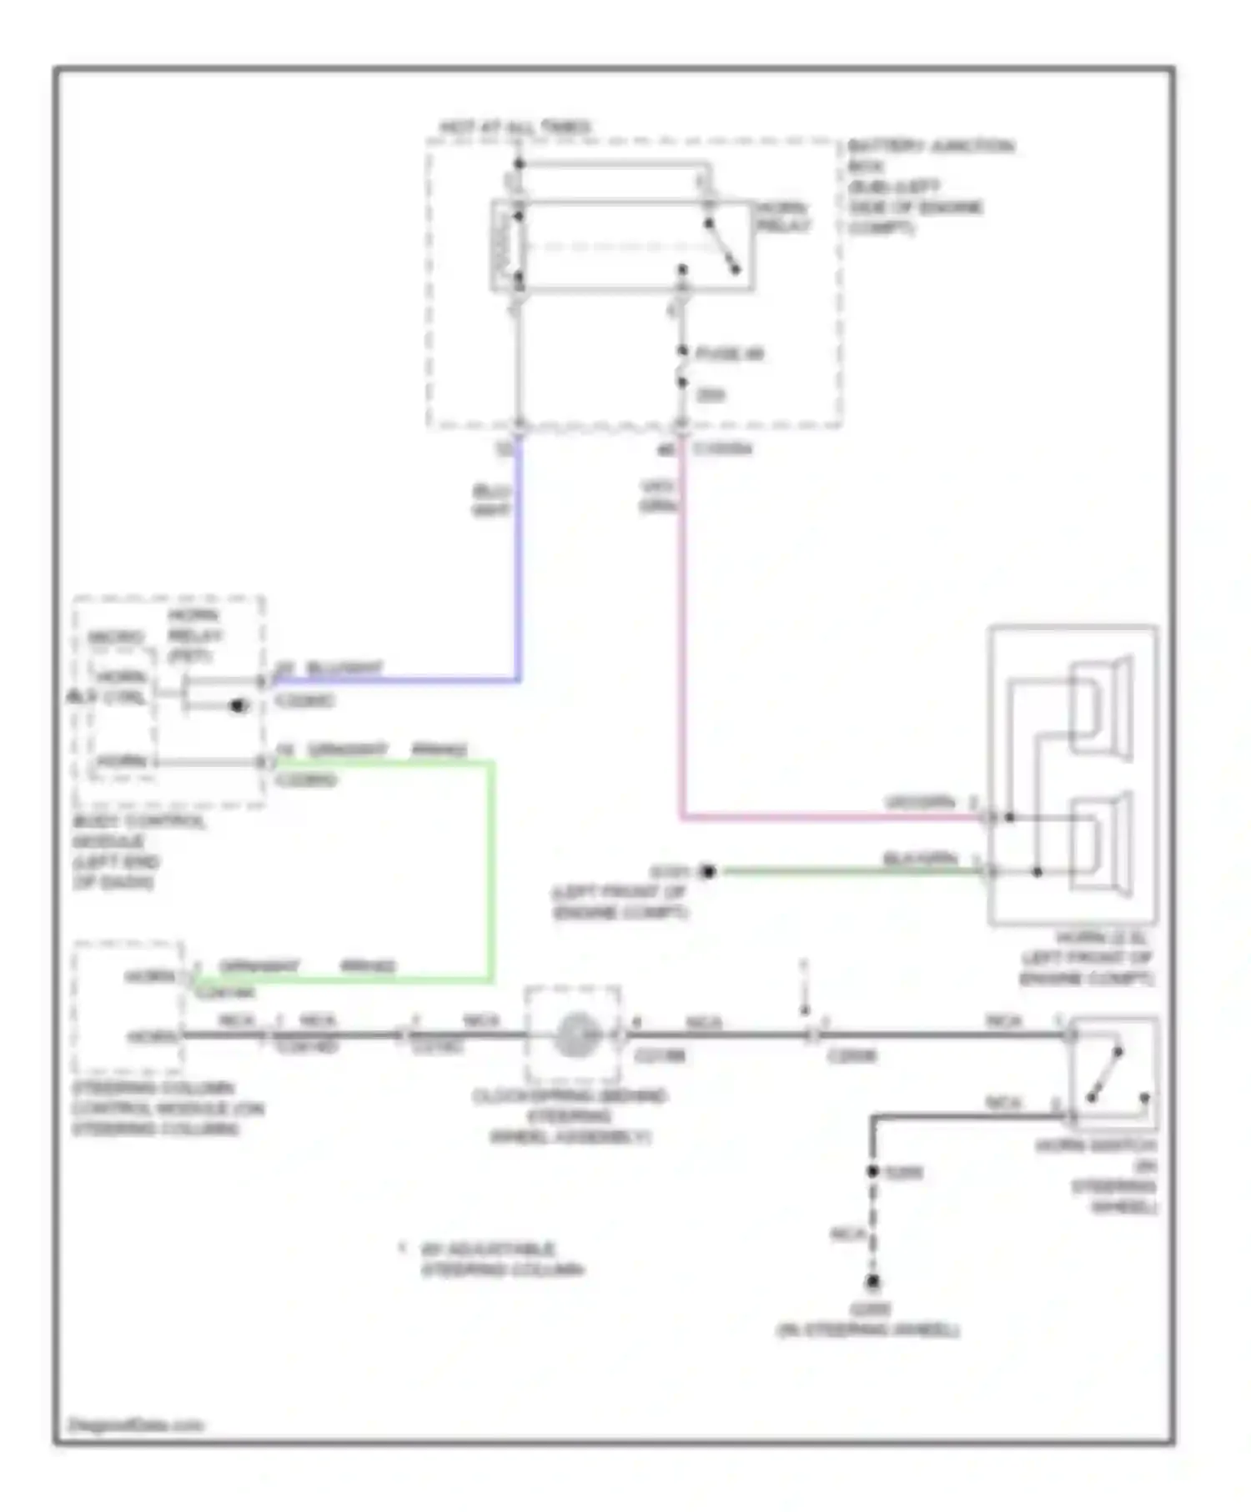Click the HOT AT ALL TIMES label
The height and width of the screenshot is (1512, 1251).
[515, 128]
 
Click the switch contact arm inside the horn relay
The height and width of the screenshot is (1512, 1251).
[722, 247]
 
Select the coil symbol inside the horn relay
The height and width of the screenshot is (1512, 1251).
[504, 247]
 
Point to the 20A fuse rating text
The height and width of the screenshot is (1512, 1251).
[710, 394]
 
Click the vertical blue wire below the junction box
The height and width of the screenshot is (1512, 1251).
[519, 558]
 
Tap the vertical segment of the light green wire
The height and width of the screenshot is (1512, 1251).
[492, 871]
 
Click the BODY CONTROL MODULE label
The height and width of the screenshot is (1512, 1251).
[138, 851]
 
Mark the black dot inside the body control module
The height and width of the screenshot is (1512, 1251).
[239, 706]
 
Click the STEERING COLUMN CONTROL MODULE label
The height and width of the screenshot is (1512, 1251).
[167, 1109]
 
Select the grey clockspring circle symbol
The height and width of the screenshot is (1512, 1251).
[573, 1034]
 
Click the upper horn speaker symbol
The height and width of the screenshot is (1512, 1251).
[1101, 708]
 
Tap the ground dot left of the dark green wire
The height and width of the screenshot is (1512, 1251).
[707, 872]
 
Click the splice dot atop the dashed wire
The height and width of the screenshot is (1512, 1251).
[873, 1171]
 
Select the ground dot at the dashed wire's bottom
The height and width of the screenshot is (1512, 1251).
[873, 1281]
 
